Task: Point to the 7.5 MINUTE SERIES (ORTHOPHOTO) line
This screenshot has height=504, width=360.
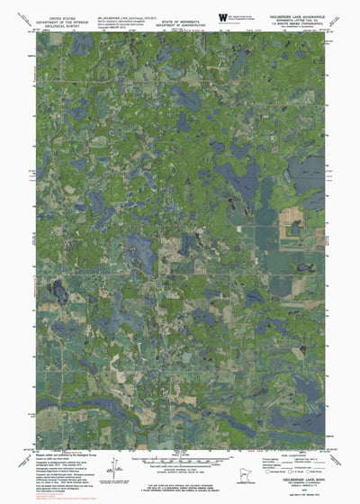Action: [296, 22]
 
